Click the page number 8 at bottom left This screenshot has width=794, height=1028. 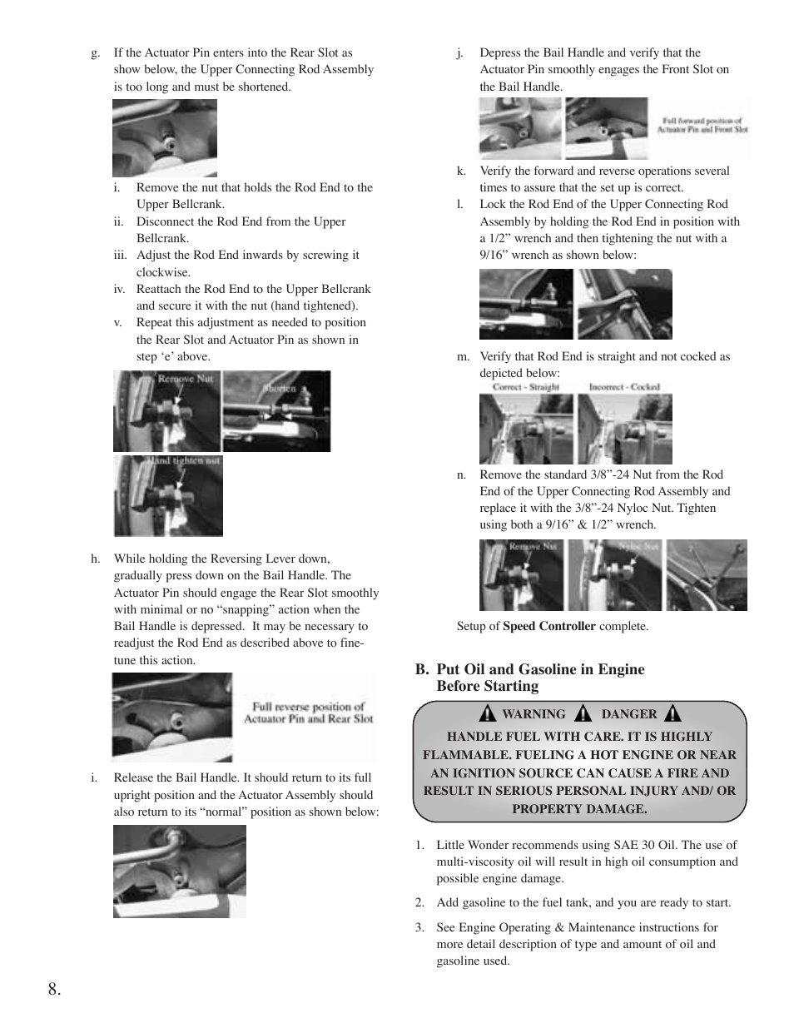click(x=54, y=989)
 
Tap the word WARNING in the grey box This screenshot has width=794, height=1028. click(x=533, y=714)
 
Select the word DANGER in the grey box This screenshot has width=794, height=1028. click(x=628, y=714)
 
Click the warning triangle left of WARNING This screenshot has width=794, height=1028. click(x=487, y=713)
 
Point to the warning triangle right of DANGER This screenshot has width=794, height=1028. click(x=672, y=713)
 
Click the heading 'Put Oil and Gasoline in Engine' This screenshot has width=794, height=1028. click(x=540, y=669)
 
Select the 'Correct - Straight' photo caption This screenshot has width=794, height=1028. click(x=526, y=387)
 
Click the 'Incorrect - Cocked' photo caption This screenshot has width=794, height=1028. click(x=624, y=387)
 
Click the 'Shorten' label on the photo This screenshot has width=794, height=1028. click(x=280, y=389)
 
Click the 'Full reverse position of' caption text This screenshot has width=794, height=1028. click(x=308, y=707)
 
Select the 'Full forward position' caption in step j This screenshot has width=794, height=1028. click(x=702, y=121)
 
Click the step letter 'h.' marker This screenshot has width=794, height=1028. click(x=96, y=559)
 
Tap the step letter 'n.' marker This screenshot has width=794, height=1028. click(x=462, y=474)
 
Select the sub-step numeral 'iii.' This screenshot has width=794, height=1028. click(x=121, y=255)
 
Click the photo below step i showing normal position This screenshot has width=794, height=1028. click(x=180, y=872)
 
